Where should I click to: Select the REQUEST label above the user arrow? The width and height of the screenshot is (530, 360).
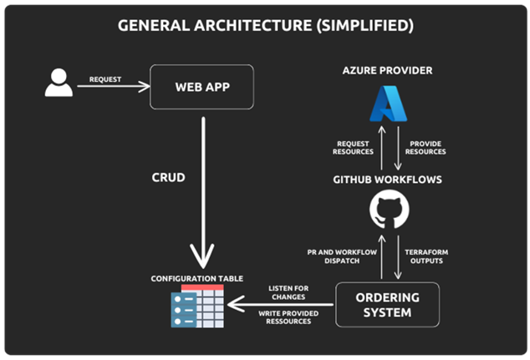click(x=104, y=80)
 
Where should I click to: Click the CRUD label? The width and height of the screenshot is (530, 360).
click(x=167, y=178)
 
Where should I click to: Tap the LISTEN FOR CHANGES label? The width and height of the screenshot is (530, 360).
click(x=288, y=292)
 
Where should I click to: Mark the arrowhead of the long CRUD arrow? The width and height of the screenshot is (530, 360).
click(x=202, y=255)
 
